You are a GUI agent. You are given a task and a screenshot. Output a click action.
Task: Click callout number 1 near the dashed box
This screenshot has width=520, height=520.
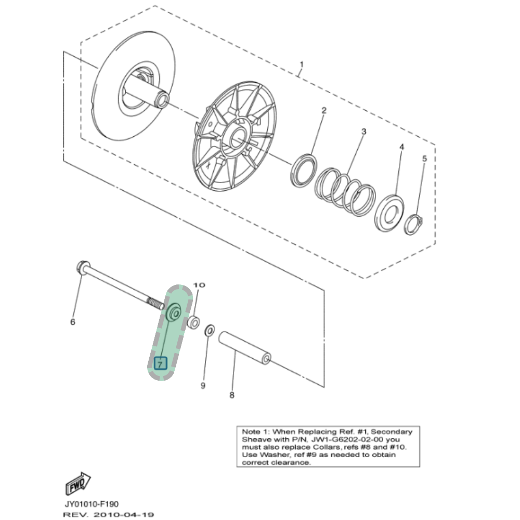coord(301,64)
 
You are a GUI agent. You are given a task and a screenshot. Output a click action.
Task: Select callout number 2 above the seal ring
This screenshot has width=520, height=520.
coord(323,110)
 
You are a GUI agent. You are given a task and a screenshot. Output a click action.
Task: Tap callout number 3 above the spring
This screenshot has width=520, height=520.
coord(363,132)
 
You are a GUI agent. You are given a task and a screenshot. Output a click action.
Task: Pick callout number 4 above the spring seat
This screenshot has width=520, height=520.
coord(401,148)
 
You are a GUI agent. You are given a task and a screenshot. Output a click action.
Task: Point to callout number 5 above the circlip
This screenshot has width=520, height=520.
coord(424,158)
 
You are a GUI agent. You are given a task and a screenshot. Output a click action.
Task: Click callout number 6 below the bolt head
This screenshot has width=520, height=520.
coord(73,322)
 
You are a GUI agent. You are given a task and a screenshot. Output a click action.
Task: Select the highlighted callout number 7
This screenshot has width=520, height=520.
coord(160,362)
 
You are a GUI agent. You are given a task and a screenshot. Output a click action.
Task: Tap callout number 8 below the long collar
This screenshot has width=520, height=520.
coord(232,395)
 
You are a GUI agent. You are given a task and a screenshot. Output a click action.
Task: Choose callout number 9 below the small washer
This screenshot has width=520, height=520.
coord(203,385)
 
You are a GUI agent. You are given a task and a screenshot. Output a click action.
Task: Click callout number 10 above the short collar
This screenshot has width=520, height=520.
coord(200,285)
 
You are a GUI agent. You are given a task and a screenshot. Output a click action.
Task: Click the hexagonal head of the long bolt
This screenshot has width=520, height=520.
coord(82,268)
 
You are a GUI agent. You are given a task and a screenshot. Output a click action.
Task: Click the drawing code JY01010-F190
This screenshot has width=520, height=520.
coord(92,504)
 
